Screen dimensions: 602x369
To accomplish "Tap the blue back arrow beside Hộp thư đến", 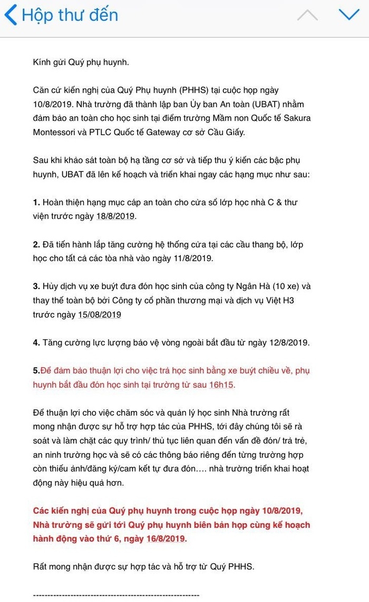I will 10,15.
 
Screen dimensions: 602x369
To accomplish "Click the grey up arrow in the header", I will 307,15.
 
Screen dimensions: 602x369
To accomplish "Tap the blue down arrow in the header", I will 348,15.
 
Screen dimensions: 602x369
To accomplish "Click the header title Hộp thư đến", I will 70,15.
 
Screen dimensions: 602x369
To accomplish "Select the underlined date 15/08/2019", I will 100,314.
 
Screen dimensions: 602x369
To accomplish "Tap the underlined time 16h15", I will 221,385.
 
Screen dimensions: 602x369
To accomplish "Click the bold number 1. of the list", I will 36,202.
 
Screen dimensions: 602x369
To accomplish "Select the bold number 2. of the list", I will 36,244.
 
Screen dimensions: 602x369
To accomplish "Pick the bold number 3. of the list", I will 36,286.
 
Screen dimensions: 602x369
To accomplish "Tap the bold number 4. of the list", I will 36,342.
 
